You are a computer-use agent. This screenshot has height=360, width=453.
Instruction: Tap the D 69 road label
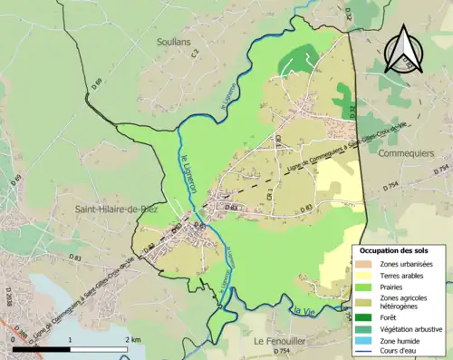coord(97,84)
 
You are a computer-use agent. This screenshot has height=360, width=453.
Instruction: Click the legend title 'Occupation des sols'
coord(394,249)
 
